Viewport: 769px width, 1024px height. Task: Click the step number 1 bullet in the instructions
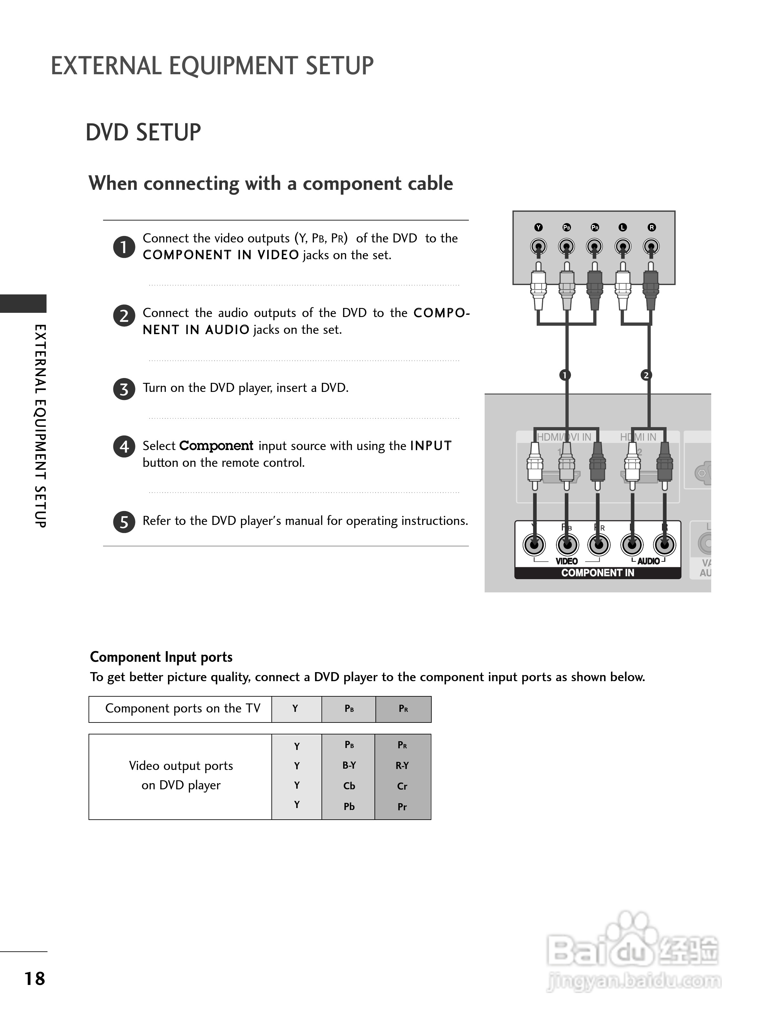tap(124, 247)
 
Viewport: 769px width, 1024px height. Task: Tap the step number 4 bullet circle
tap(124, 447)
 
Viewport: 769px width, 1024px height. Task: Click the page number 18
tap(35, 978)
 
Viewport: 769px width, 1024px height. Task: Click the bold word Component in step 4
tap(216, 446)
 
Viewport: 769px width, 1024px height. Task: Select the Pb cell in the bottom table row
tap(349, 806)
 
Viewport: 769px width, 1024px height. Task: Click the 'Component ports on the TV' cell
tap(183, 709)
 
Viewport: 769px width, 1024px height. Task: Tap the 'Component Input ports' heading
tap(161, 657)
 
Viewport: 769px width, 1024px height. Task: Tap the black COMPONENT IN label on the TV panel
tap(598, 573)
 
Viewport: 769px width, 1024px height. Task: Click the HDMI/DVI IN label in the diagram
tap(564, 437)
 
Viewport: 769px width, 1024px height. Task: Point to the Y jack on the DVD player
tap(538, 246)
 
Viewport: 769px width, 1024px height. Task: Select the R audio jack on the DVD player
tap(651, 246)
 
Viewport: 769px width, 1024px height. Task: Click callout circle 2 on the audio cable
tap(646, 375)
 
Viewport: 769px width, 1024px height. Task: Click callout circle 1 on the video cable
tap(564, 375)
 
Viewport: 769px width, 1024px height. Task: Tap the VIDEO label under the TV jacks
tap(566, 561)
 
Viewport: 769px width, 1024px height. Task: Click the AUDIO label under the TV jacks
tap(648, 561)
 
